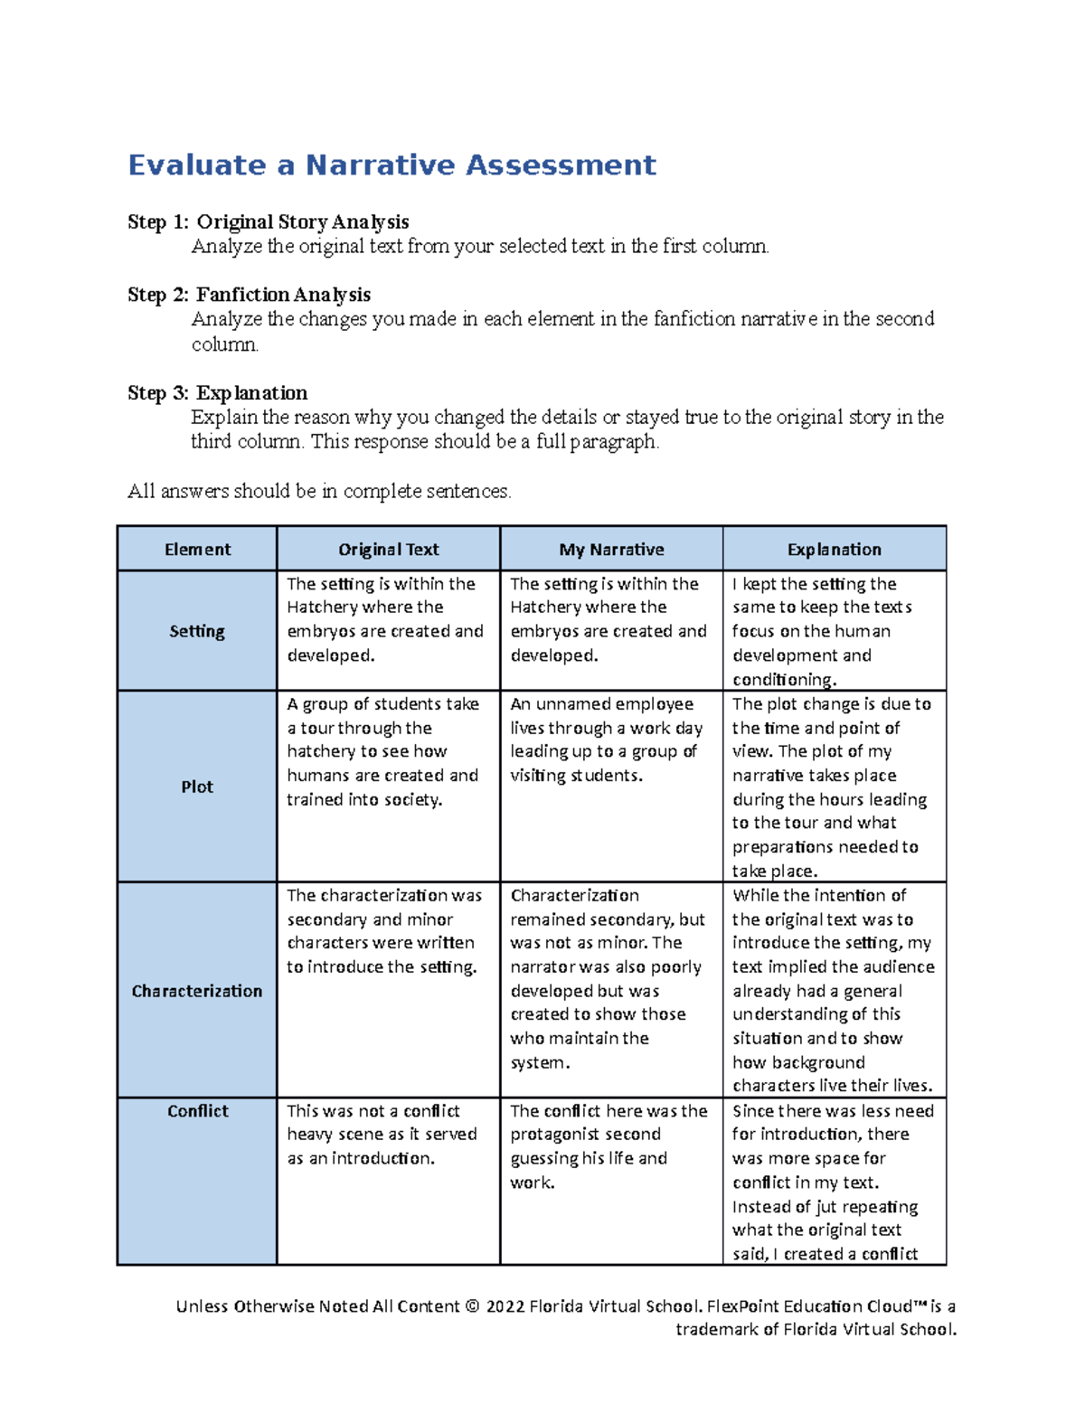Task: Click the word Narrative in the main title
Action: tap(380, 165)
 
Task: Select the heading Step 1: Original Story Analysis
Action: tap(268, 222)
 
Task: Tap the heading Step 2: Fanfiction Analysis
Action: tap(249, 295)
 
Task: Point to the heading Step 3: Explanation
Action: tap(217, 393)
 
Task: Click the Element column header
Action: tap(197, 550)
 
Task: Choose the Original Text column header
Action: tap(388, 550)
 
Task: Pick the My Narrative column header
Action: tap(611, 550)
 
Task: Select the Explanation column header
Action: tap(834, 550)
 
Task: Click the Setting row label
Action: tap(197, 631)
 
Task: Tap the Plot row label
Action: tap(197, 787)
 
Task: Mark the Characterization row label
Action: tap(197, 991)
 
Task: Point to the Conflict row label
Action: tap(197, 1111)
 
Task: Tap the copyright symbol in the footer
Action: tap(472, 1306)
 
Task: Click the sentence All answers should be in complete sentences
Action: tap(319, 492)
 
